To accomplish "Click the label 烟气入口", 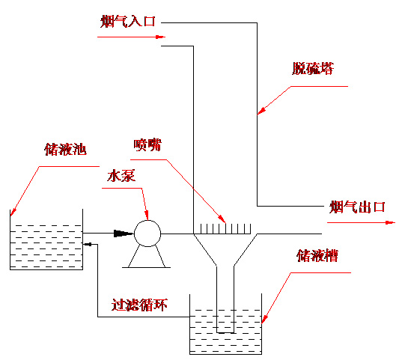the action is (128, 21).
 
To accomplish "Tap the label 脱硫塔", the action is (312, 69).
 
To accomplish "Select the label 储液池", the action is (65, 149).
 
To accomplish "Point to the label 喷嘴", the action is (147, 145).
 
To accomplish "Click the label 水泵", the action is (121, 176).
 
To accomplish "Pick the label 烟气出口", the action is (357, 207).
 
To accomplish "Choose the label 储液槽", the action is (317, 255).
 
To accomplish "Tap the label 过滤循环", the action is (139, 305).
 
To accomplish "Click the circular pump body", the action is (147, 234).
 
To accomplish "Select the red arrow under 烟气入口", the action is (131, 37).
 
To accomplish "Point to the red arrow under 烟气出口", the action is (361, 222).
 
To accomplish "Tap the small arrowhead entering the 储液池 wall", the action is (87, 244).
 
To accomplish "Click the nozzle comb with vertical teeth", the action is (225, 229).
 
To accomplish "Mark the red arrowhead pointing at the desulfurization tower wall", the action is (261, 110).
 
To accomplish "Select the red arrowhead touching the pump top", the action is (147, 216).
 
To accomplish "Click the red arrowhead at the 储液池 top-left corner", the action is (13, 212).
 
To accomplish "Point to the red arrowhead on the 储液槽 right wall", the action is (264, 319).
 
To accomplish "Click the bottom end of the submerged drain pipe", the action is (225, 333).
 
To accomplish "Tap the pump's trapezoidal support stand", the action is (147, 257).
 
